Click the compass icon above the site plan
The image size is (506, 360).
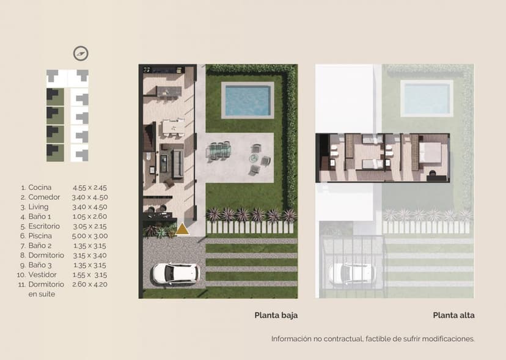[81, 54]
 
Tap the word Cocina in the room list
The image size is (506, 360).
[40, 187]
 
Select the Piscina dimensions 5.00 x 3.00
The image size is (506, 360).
[90, 236]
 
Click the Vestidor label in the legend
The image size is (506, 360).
[42, 275]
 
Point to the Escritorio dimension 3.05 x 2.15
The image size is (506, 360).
[90, 226]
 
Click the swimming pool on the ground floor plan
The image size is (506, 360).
[248, 100]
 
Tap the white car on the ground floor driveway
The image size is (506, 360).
[176, 274]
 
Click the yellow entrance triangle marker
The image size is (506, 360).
[182, 229]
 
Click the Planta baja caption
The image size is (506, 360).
[276, 315]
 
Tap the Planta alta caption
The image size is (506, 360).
[453, 315]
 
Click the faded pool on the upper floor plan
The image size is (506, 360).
[427, 98]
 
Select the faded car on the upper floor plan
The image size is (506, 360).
[352, 274]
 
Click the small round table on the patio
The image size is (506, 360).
[254, 158]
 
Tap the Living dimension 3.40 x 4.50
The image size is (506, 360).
[90, 207]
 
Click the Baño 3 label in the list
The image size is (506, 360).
[40, 265]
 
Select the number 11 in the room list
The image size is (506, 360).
[21, 285]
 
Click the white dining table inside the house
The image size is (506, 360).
[174, 128]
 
